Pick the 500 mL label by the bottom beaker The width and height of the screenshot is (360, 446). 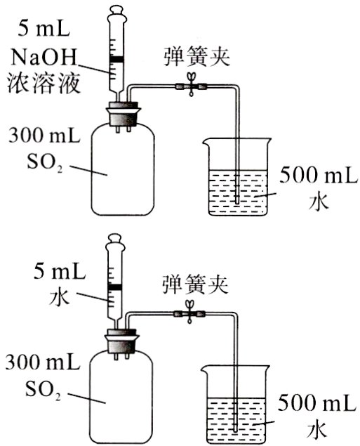(312, 403)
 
